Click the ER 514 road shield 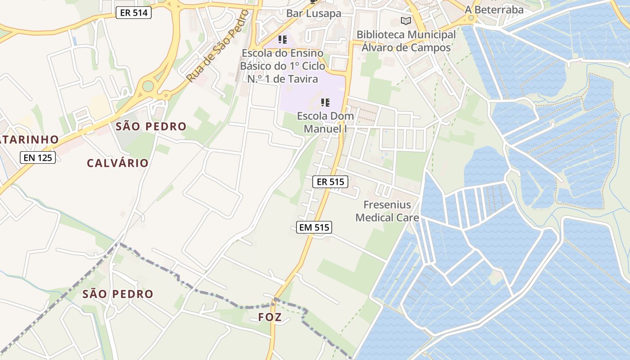pos(134,13)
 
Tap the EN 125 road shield pos(38,157)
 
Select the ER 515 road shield pos(330,181)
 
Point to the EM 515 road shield pos(315,227)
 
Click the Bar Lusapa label pos(314,13)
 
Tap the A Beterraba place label pos(494,9)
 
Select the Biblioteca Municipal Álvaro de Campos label pos(406,41)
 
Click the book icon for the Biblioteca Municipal pos(406,21)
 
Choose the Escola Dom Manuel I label pos(325,122)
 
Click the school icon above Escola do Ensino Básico pos(282,40)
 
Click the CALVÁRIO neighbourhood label pos(117,163)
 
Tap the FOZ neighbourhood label pos(270,317)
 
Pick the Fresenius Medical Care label pos(387,211)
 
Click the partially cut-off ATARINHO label pos(29,139)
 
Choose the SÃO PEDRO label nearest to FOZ pos(118,294)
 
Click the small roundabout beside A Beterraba pos(471,18)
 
